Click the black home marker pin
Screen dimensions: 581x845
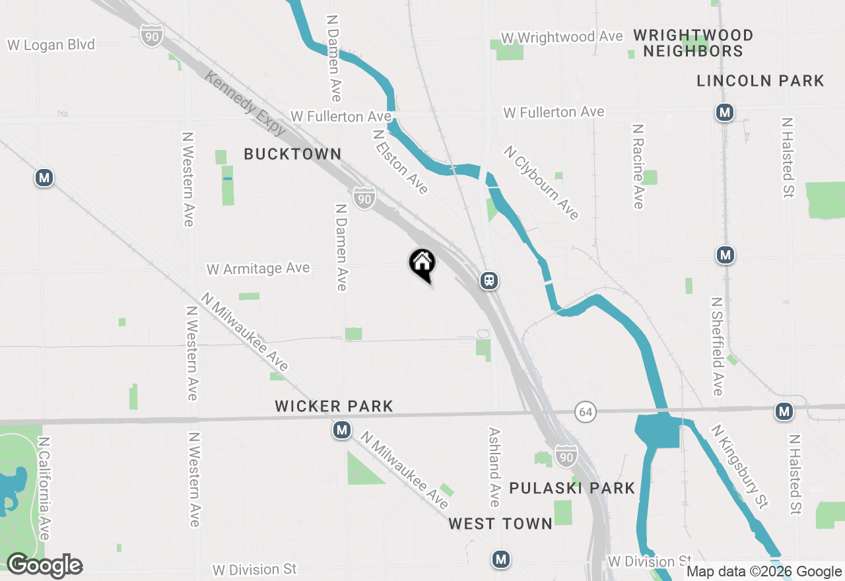click(422, 264)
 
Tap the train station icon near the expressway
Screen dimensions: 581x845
click(489, 281)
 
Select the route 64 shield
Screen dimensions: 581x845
click(584, 412)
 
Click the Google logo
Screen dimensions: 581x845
click(44, 565)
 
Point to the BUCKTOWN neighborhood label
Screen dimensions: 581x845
click(292, 154)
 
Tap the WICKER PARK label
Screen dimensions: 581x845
click(334, 406)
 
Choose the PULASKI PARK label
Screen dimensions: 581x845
click(572, 488)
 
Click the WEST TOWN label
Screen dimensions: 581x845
click(500, 524)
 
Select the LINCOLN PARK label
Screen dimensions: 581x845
click(760, 81)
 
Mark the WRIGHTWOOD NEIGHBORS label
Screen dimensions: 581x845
click(693, 43)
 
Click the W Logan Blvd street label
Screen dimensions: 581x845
click(51, 45)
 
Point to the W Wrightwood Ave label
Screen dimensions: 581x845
click(562, 37)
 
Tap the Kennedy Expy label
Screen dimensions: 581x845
click(245, 104)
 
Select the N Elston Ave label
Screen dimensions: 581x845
click(400, 162)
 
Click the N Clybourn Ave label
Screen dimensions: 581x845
click(541, 183)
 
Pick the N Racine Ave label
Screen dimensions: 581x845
click(638, 166)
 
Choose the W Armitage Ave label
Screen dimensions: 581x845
click(258, 269)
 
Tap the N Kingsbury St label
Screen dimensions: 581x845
click(739, 466)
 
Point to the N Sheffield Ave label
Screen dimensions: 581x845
click(718, 346)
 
